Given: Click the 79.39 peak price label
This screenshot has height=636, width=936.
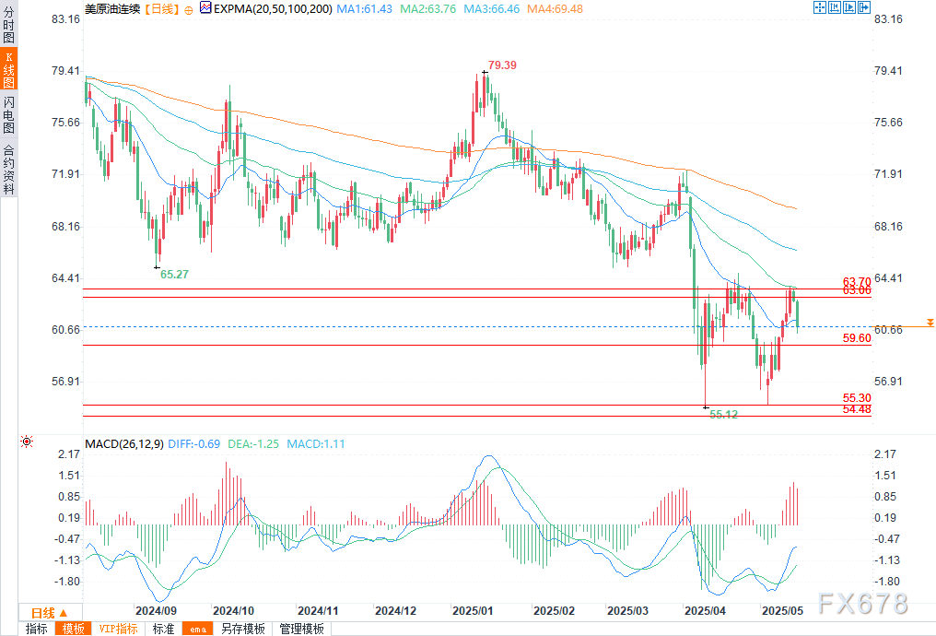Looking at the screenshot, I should (502, 65).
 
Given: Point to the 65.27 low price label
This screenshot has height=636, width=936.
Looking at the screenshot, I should (174, 274).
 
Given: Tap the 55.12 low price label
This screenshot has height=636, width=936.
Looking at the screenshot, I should (723, 415).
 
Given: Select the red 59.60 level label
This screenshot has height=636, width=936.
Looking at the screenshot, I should (857, 338).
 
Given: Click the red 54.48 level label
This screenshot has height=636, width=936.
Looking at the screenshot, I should (857, 409).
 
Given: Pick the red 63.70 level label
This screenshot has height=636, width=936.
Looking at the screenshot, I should (857, 281).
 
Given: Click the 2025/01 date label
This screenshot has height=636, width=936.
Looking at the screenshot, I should (473, 611).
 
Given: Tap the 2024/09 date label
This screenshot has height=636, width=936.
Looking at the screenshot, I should (156, 611).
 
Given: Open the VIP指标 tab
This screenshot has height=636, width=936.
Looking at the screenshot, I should (119, 629).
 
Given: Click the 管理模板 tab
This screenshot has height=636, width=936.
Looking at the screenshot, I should (302, 629).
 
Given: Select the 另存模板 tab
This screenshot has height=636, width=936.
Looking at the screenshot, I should (243, 629).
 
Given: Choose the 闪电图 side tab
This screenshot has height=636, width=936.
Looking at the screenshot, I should (8, 115).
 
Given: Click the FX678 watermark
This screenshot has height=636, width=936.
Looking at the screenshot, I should (863, 604).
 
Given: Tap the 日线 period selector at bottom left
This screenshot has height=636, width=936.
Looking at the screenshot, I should (48, 613).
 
